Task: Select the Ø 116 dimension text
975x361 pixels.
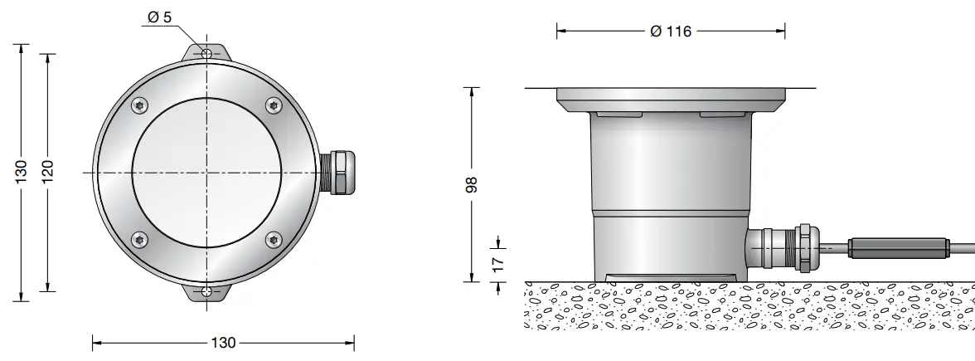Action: coord(671,32)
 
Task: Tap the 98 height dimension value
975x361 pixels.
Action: coord(473,183)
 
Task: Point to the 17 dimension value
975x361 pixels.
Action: coord(498,265)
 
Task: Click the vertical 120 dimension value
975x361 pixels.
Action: coord(48,172)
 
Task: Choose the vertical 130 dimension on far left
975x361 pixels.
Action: coord(21,172)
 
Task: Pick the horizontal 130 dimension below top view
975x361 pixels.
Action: coord(224,343)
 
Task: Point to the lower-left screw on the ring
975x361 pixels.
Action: coord(138,239)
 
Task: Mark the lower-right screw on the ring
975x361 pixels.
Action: coord(273,239)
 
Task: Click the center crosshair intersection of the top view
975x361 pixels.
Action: coord(206,172)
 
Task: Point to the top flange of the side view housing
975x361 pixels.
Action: coord(671,100)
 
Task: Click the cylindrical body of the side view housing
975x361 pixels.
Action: coord(671,191)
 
